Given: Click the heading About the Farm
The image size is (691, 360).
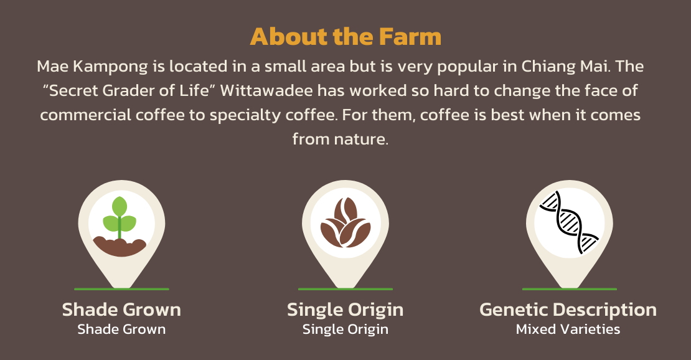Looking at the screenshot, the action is click(345, 37).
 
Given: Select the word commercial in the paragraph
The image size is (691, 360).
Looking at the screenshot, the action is click(85, 115).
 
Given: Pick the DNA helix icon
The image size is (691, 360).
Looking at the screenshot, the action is click(569, 222).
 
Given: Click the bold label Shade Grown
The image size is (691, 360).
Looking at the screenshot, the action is click(121, 310).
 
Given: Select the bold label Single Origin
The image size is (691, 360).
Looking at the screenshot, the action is click(345, 310).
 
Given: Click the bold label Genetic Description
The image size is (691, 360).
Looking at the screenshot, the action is click(568, 310).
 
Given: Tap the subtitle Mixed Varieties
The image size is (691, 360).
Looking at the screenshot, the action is click(568, 329).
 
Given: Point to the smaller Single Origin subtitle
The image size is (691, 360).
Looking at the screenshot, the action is click(345, 329).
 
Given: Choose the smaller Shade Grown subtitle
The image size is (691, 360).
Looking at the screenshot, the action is click(121, 329).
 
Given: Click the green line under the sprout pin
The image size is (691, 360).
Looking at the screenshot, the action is click(121, 289).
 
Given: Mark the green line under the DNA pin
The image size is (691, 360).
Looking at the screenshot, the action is click(570, 289).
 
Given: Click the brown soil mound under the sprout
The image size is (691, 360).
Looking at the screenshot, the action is click(120, 247).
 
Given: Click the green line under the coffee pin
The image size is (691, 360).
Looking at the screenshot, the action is click(345, 289).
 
